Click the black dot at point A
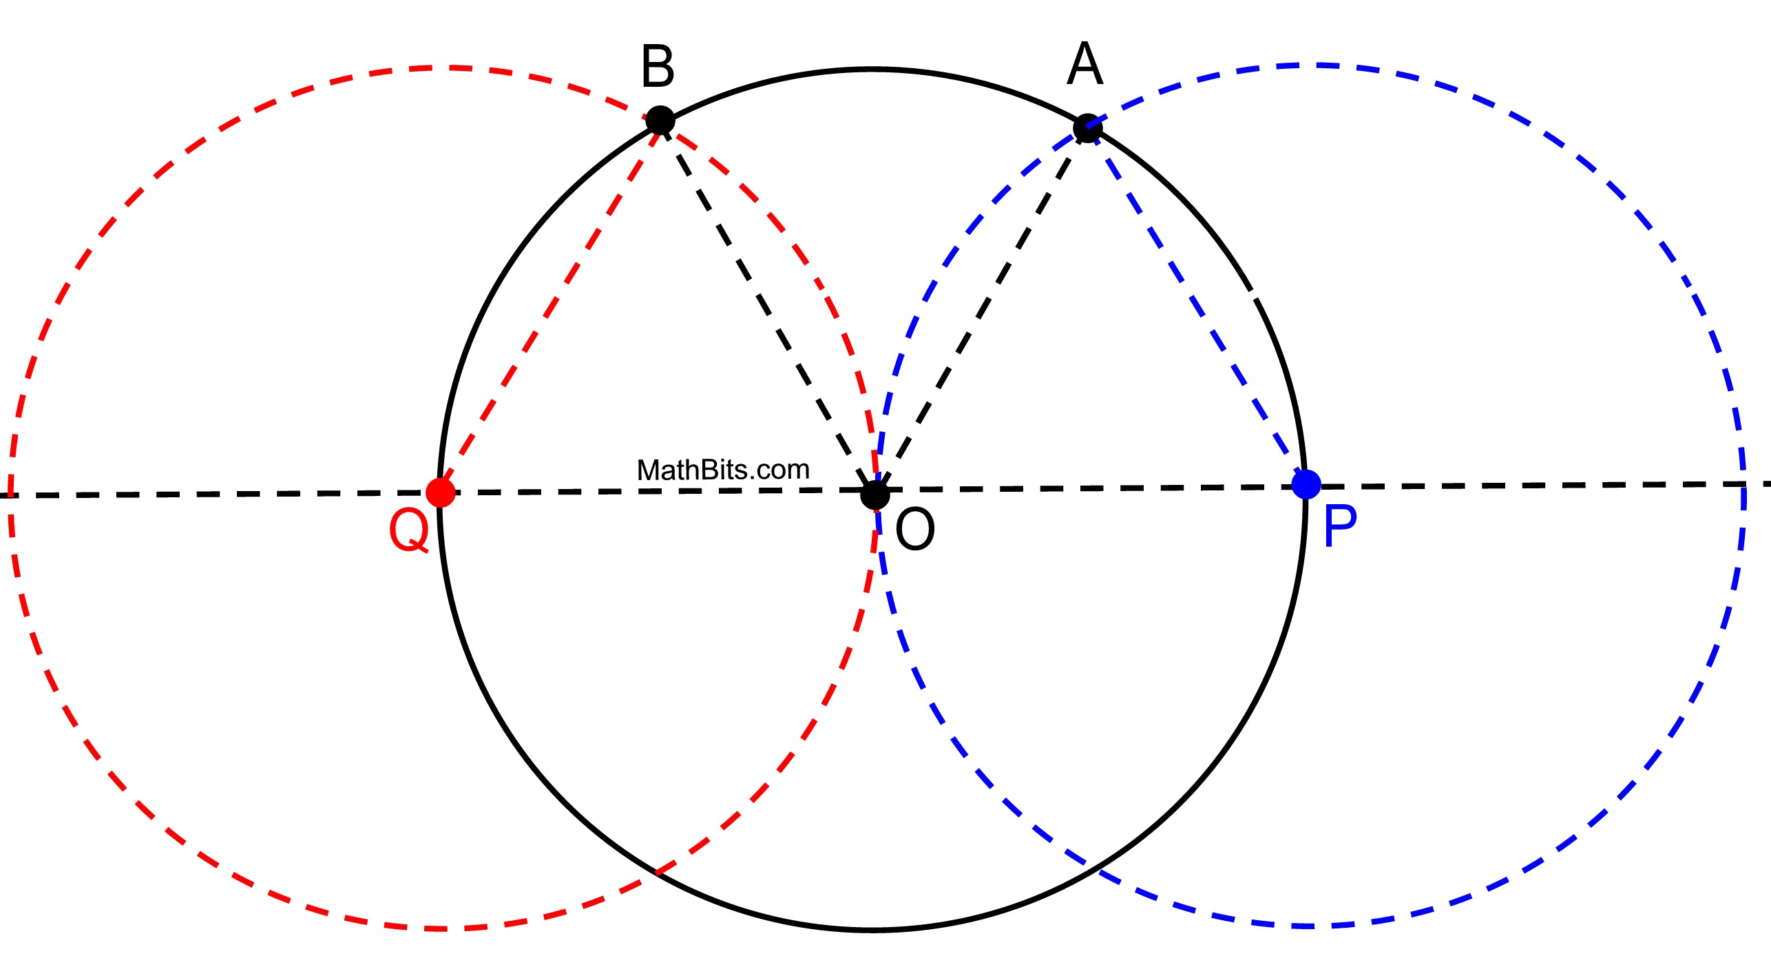(x=1087, y=128)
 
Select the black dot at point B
(x=660, y=121)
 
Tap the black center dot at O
(x=875, y=495)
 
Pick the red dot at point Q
(x=441, y=492)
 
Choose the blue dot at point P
(x=1306, y=484)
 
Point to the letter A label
(x=1085, y=64)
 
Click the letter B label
(x=658, y=67)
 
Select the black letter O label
(x=915, y=529)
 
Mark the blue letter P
(x=1340, y=526)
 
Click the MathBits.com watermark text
(x=723, y=470)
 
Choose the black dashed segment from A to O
(x=981, y=311)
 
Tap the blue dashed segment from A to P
(x=1197, y=306)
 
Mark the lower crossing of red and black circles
(x=656, y=873)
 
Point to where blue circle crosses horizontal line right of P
(x=1743, y=485)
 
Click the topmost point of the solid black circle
(x=872, y=70)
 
